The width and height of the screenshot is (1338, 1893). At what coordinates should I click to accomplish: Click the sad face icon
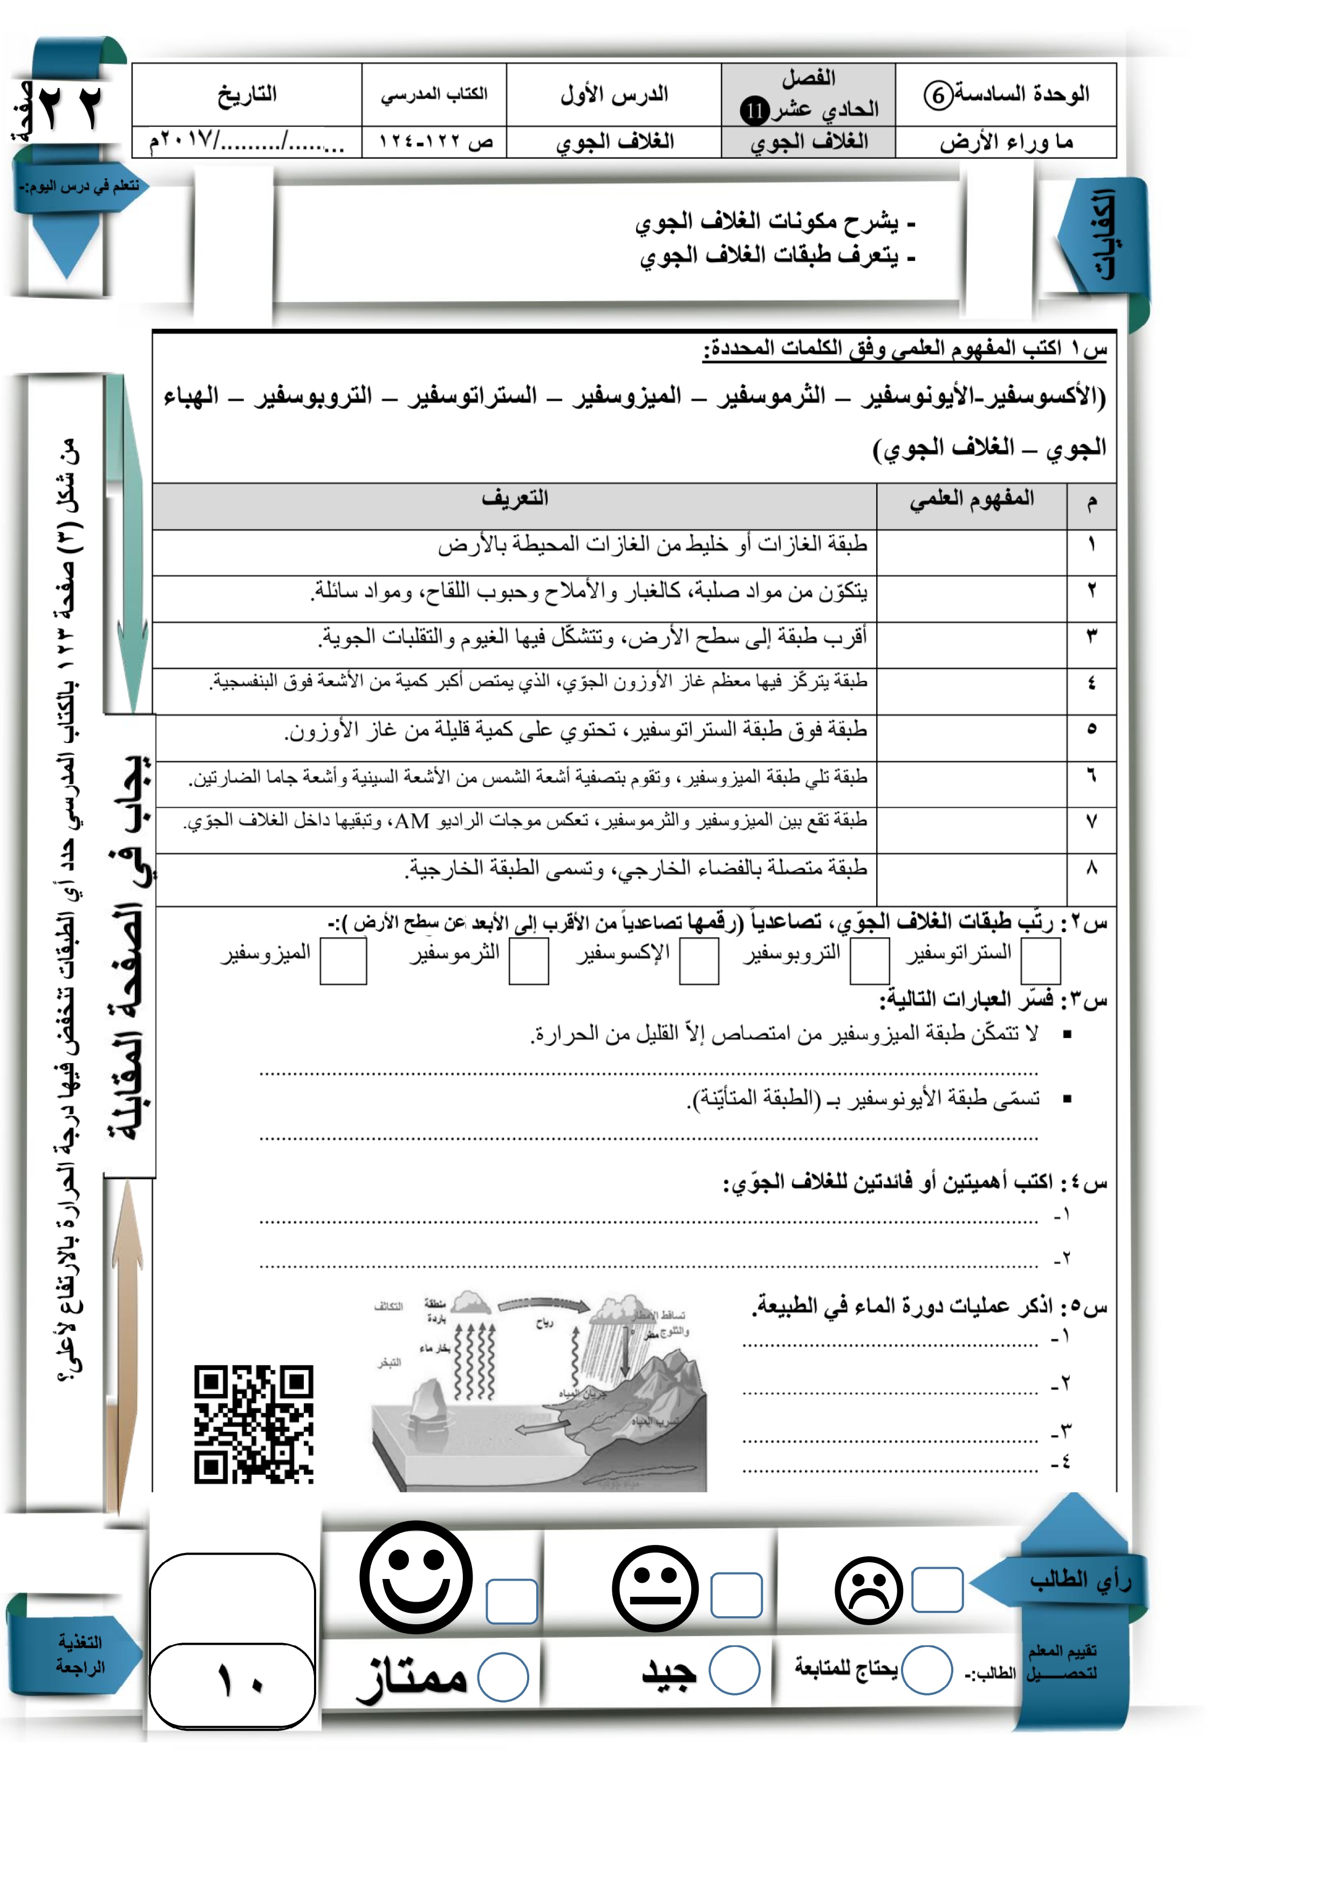[x=868, y=1590]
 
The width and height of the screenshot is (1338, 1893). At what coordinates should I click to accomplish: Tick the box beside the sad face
[x=937, y=1590]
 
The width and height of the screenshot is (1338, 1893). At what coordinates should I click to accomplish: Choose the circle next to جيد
[x=734, y=1670]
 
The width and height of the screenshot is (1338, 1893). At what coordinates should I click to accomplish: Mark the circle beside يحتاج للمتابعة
[x=927, y=1670]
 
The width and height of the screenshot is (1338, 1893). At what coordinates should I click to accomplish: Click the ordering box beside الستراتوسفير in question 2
[x=1040, y=962]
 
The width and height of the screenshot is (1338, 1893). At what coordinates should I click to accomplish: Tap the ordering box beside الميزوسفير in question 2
[x=343, y=962]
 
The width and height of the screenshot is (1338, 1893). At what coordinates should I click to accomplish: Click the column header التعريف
[x=515, y=499]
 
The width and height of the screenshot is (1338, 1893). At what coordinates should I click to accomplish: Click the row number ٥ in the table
[x=1091, y=729]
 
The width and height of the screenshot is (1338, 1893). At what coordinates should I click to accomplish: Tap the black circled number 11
[x=754, y=110]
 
